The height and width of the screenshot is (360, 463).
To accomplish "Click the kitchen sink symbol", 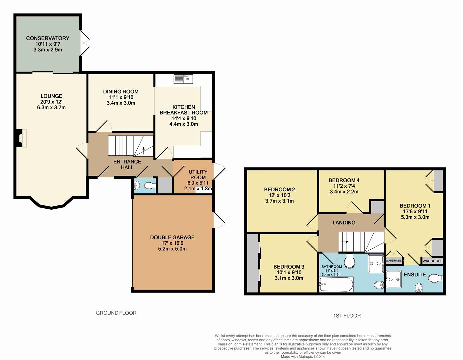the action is (183, 79).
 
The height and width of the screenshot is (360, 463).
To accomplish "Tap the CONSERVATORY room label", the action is (48, 38).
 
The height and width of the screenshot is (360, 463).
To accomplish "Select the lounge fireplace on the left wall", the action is (21, 138).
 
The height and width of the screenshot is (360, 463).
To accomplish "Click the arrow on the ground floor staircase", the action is (143, 150).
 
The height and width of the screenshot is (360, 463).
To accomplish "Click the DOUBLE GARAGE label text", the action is (172, 237).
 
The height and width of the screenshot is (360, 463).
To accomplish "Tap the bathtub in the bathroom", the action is (336, 284).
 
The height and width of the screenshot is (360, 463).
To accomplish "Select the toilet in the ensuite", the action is (436, 278).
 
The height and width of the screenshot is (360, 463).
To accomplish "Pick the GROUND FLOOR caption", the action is (116, 313).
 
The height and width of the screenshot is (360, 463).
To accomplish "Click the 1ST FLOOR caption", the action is (347, 315).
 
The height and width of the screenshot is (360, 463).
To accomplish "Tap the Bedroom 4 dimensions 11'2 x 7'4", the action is (344, 186).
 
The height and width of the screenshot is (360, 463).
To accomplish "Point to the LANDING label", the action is (344, 222).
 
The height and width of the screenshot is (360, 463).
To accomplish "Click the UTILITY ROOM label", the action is (198, 174).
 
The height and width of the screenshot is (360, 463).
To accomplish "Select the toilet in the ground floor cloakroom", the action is (150, 186).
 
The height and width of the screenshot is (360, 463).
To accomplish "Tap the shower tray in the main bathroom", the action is (376, 264).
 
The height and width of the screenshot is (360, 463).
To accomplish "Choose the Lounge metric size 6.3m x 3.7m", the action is (51, 107).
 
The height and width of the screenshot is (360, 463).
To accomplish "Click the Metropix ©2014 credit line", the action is (303, 356).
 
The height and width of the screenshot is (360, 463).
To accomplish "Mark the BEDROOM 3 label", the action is (289, 266).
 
